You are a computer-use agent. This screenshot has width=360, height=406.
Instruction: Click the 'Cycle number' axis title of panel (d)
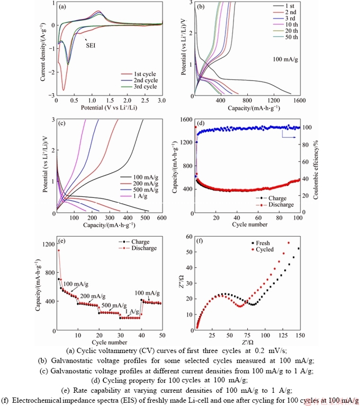247,224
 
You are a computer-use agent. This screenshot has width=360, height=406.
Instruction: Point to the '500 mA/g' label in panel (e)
114,305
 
